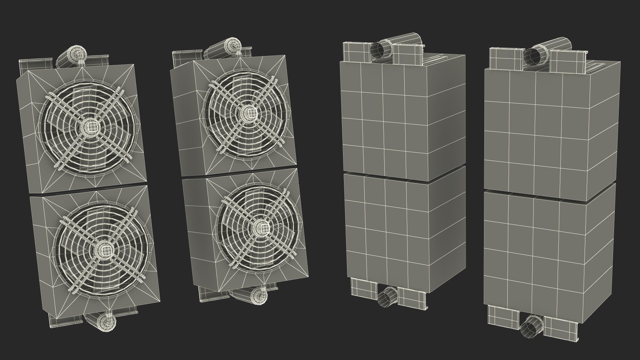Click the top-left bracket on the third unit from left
[x=355, y=52]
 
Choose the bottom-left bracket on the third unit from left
[x=363, y=286]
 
